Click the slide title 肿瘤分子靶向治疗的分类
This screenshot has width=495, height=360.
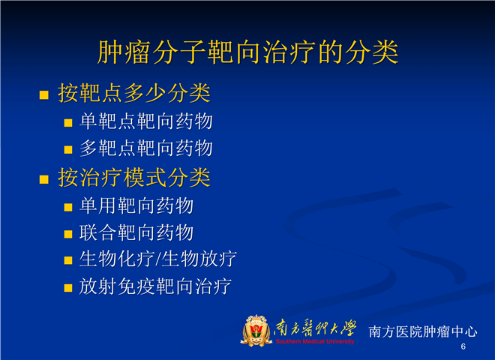coord(247,52)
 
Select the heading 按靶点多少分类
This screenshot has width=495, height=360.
coord(134,93)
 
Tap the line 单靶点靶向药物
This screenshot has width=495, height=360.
coord(146,121)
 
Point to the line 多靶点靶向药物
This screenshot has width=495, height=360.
coord(146,148)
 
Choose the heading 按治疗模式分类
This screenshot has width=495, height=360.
coord(134,178)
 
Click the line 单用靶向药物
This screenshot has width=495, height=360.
coord(136,206)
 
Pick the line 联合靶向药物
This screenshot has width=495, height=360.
coord(136,232)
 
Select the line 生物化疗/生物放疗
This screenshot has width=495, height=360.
coord(157,259)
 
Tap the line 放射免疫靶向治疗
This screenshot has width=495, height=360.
coord(155,286)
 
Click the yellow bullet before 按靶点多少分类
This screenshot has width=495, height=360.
coord(44,94)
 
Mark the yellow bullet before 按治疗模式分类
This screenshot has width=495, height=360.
coord(44,179)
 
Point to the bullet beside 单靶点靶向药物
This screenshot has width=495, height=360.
coord(68,123)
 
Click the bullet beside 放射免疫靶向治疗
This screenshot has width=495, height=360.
coord(68,288)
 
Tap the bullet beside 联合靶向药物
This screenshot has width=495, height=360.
coord(68,234)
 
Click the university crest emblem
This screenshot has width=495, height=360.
coord(256,331)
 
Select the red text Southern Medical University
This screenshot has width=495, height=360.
coord(315,341)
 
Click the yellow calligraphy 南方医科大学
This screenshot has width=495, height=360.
coord(315,328)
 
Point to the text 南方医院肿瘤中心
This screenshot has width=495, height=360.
coord(423,331)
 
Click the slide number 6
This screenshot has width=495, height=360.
coord(463,346)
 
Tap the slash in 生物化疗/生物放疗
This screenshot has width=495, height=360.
coord(158,260)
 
